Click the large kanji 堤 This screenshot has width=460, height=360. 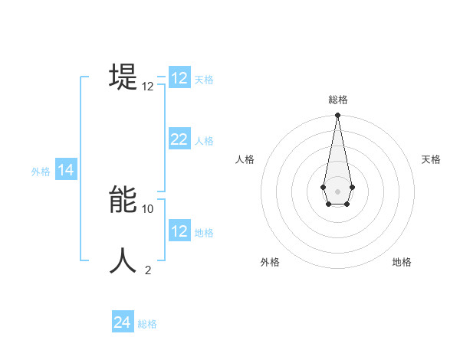123,77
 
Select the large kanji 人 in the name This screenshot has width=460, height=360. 123,260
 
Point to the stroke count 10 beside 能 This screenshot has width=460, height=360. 148,208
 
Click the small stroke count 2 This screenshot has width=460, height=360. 148,270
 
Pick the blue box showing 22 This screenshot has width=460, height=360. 179,139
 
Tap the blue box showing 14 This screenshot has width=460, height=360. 66,171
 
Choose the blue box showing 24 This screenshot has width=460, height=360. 123,322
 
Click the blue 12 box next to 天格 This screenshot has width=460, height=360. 179,78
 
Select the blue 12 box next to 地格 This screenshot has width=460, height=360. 179,231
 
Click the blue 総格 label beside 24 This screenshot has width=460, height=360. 147,324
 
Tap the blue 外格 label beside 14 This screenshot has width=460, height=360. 41,172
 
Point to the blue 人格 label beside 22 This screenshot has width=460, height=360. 204,141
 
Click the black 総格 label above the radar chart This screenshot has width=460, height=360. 337,100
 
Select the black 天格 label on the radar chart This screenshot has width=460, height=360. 431,159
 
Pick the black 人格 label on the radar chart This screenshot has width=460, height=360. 245,159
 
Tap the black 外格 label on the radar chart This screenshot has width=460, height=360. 270,262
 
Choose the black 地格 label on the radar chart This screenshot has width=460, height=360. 402,262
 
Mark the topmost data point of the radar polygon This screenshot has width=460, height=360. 337,116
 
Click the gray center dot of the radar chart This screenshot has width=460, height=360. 337,191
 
